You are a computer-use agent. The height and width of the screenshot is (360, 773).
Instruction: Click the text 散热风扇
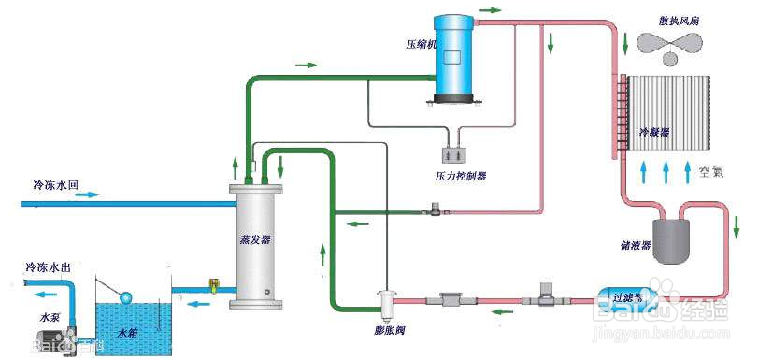(x=679, y=20)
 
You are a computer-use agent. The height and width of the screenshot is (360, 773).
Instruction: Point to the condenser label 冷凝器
(x=654, y=133)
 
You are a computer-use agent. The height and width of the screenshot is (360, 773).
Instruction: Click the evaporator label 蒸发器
(x=254, y=239)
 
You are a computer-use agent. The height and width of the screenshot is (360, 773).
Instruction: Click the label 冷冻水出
(x=48, y=267)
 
